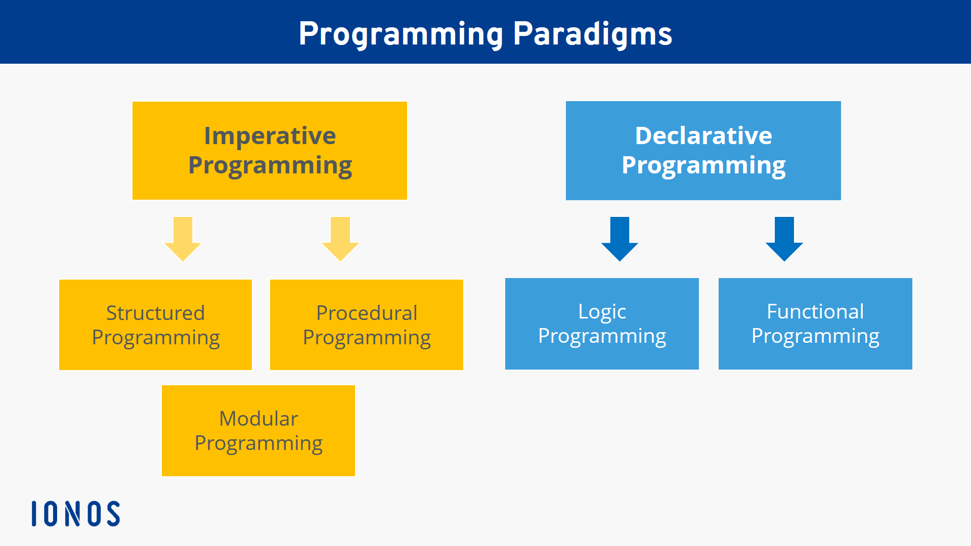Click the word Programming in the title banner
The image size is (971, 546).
click(x=401, y=34)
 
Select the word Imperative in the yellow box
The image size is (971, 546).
click(x=270, y=135)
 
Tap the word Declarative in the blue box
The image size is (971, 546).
click(x=703, y=135)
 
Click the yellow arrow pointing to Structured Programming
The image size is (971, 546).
click(x=183, y=239)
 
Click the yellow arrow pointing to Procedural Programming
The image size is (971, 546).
click(x=340, y=239)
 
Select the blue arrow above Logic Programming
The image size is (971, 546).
click(x=620, y=239)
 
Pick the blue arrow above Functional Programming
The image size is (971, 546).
click(x=784, y=239)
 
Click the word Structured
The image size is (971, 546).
click(x=155, y=313)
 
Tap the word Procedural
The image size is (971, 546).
click(x=367, y=313)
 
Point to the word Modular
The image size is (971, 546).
click(x=258, y=419)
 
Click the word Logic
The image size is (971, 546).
click(x=602, y=312)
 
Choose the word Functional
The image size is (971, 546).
click(x=815, y=311)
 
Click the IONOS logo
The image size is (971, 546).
click(x=76, y=514)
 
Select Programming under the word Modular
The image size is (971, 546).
click(x=258, y=443)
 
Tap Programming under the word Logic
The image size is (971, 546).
click(x=602, y=336)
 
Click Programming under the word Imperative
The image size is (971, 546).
click(x=270, y=165)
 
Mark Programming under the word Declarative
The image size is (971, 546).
click(x=703, y=165)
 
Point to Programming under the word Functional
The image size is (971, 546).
click(x=815, y=336)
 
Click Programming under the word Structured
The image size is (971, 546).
click(x=155, y=338)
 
